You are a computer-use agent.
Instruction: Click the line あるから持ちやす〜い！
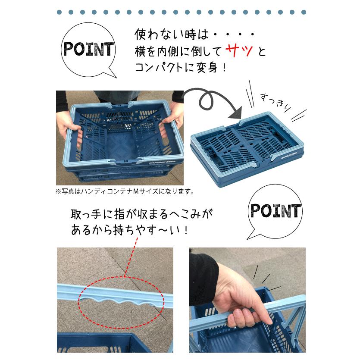(x=129, y=230)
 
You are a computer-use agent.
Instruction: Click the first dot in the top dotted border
(x=59, y=12)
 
